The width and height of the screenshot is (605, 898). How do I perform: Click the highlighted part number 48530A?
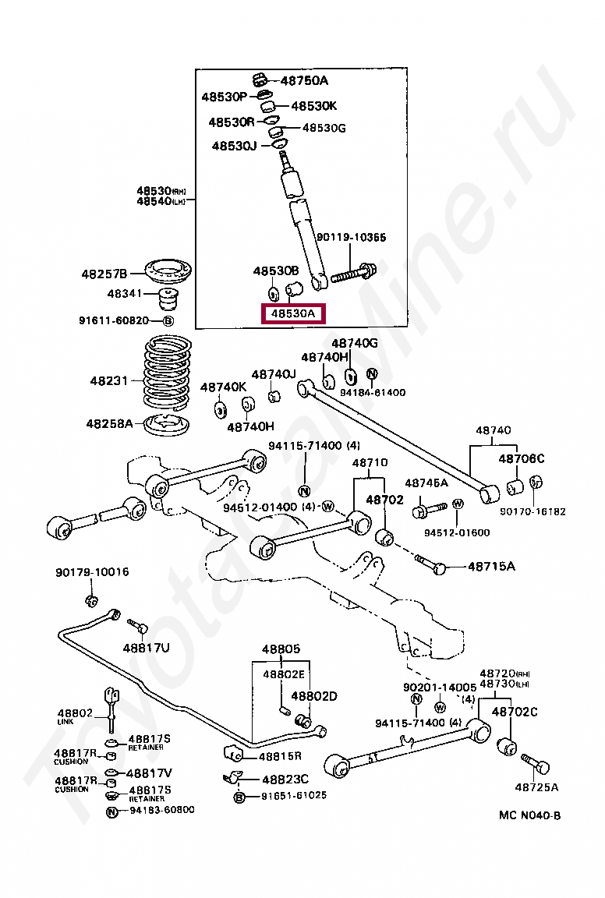pyautogui.click(x=293, y=314)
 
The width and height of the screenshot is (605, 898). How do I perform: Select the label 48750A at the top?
pyautogui.click(x=304, y=80)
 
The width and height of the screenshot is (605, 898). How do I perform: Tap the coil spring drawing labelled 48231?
pyautogui.click(x=169, y=373)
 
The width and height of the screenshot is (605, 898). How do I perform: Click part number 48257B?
pyautogui.click(x=104, y=274)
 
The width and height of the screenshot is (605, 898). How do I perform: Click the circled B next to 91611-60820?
pyautogui.click(x=168, y=320)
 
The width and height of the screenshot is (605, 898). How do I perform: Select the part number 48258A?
pyautogui.click(x=109, y=424)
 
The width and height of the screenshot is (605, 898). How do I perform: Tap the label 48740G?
pyautogui.click(x=355, y=343)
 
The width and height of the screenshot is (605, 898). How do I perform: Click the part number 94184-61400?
pyautogui.click(x=373, y=392)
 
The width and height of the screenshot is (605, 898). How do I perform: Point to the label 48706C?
pyautogui.click(x=522, y=458)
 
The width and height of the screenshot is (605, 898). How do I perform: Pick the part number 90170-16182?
pyautogui.click(x=533, y=511)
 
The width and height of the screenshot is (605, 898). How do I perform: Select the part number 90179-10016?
pyautogui.click(x=92, y=572)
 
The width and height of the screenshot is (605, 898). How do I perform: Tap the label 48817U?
pyautogui.click(x=146, y=647)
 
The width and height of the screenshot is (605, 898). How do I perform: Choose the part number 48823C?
pyautogui.click(x=285, y=779)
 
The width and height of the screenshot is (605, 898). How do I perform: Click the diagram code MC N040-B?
pyautogui.click(x=529, y=815)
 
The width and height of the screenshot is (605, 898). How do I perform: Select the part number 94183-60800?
pyautogui.click(x=160, y=810)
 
